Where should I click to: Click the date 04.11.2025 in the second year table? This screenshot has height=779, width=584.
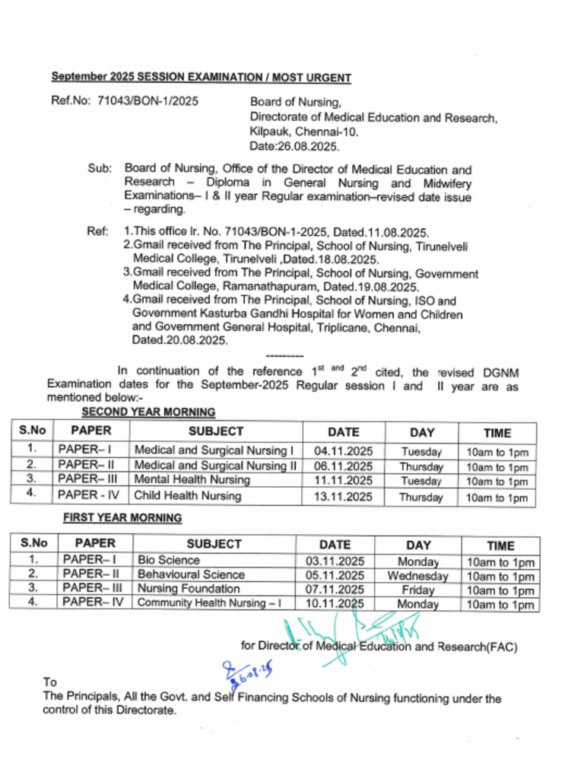(x=343, y=451)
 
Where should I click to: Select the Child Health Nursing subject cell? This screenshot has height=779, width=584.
(x=188, y=496)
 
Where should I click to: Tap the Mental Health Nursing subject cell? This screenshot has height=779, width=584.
(x=192, y=480)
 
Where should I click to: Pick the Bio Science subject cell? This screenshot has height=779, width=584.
(x=168, y=561)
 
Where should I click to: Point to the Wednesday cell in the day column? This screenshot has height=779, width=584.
(x=417, y=576)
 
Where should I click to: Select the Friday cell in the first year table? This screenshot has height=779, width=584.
(x=418, y=590)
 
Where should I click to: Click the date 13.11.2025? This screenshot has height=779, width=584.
(x=343, y=497)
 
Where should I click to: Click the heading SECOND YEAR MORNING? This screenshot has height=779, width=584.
(x=148, y=412)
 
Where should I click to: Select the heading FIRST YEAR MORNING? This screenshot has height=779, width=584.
(x=122, y=518)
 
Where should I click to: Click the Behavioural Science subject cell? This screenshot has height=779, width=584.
(x=191, y=575)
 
